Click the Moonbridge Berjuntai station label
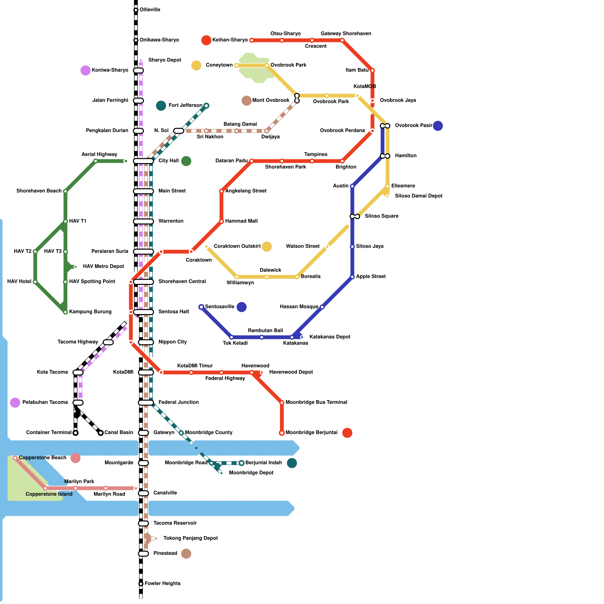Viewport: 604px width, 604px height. point(311,433)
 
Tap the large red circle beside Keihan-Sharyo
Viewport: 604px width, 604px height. point(206,40)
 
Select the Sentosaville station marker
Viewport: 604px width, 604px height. point(201,307)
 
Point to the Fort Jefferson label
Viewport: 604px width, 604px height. point(185,105)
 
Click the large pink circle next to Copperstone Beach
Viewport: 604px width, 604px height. point(75,458)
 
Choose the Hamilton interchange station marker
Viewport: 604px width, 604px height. point(385,156)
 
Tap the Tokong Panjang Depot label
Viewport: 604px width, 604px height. point(190,538)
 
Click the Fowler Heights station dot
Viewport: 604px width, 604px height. point(141,584)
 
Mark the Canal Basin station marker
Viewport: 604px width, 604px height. point(100,433)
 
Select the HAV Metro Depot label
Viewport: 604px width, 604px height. point(103,267)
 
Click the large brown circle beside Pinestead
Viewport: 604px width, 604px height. point(186,553)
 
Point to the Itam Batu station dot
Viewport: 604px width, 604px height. point(372,70)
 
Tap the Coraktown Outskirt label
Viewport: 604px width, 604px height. point(237,247)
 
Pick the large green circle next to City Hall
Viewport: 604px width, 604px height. point(186,161)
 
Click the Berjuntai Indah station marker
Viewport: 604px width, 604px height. point(242,463)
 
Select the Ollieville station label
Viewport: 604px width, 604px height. point(150,10)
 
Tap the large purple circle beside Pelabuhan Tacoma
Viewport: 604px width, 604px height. point(15,402)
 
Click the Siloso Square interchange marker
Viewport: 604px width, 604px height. point(355,216)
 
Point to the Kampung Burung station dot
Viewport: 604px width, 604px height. point(65,312)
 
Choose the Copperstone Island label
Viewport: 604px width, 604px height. point(49,494)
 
